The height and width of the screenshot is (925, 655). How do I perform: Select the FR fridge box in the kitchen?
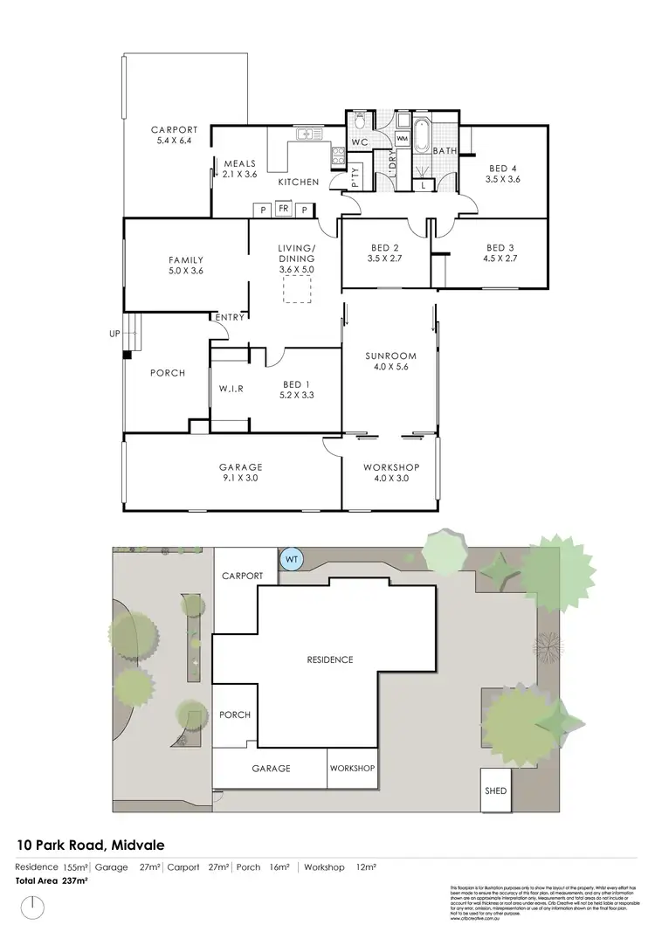pyautogui.click(x=283, y=209)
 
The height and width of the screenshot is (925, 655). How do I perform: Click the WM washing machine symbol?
pyautogui.click(x=403, y=138)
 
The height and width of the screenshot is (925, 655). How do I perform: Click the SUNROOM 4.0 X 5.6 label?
pyautogui.click(x=390, y=362)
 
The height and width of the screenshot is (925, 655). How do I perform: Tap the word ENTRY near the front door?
pyautogui.click(x=229, y=317)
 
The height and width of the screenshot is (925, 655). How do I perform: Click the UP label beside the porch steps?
pyautogui.click(x=114, y=334)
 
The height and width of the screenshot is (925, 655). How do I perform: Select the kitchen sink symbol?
pyautogui.click(x=307, y=135)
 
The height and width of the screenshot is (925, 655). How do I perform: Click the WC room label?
pyautogui.click(x=359, y=142)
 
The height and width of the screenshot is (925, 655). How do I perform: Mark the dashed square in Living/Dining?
pyautogui.click(x=297, y=291)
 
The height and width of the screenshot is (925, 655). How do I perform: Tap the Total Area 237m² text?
pyautogui.click(x=51, y=880)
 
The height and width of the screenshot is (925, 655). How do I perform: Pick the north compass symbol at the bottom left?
pyautogui.click(x=33, y=907)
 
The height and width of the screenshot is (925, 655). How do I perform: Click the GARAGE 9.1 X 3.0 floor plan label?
pyautogui.click(x=241, y=473)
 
